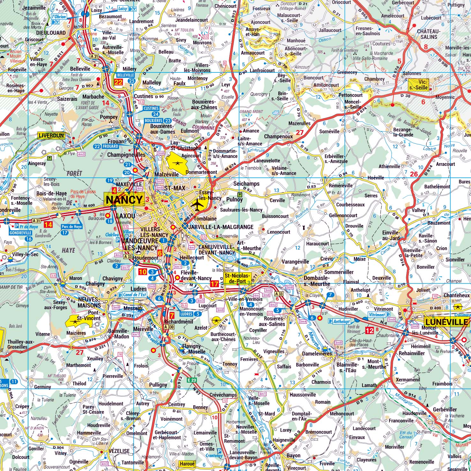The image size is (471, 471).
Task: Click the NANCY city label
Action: coord(124,199)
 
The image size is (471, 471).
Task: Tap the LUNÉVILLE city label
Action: coord(446,322)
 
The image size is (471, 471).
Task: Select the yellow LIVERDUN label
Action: coord(51,135)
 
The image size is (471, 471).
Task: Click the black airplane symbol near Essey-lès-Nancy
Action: coord(198,205)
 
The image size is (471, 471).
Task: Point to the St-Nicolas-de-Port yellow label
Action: coord(237,278)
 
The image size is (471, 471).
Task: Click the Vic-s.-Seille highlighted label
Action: coord(419,85)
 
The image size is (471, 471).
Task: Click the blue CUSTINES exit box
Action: coord(151,108)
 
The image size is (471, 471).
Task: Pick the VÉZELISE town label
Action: coord(119,451)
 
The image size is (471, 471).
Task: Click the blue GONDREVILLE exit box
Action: coord(20,233)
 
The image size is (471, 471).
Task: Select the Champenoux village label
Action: coord(278,136)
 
